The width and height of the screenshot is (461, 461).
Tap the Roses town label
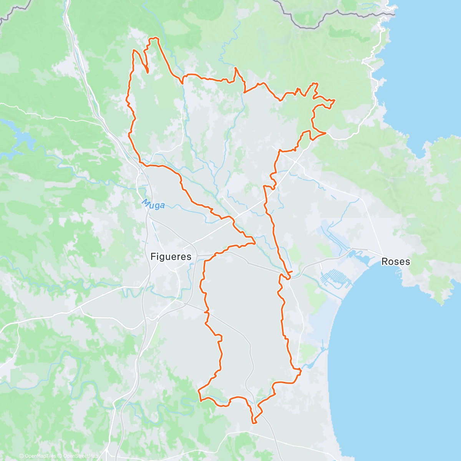395,262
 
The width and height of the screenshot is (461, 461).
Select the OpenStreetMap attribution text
80,456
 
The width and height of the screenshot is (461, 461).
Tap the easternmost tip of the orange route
335,100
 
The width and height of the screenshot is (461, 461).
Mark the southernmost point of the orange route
254,423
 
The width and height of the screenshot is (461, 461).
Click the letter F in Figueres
153,256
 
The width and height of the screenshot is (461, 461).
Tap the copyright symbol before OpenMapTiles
22,456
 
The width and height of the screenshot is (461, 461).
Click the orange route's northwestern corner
134,51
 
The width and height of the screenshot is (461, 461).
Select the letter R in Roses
385,262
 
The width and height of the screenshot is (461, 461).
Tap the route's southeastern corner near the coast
300,370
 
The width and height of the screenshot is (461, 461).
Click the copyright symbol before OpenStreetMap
60,456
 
